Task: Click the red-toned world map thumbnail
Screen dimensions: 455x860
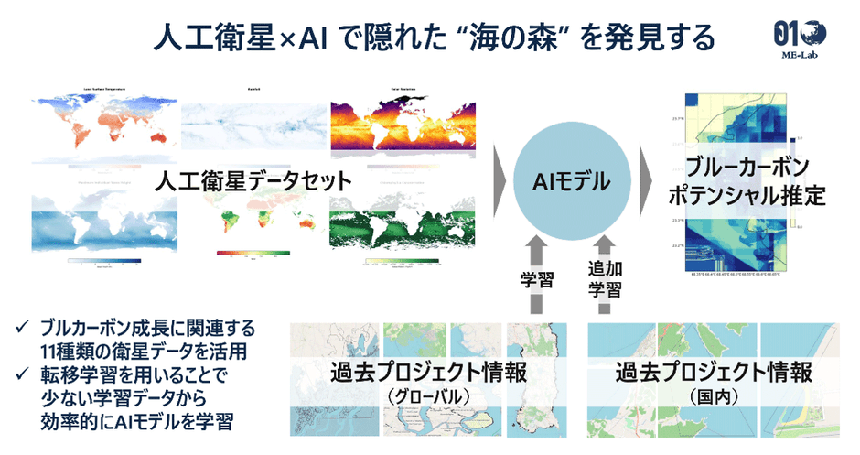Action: pos(101,128)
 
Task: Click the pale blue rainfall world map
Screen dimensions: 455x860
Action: pos(253,124)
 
